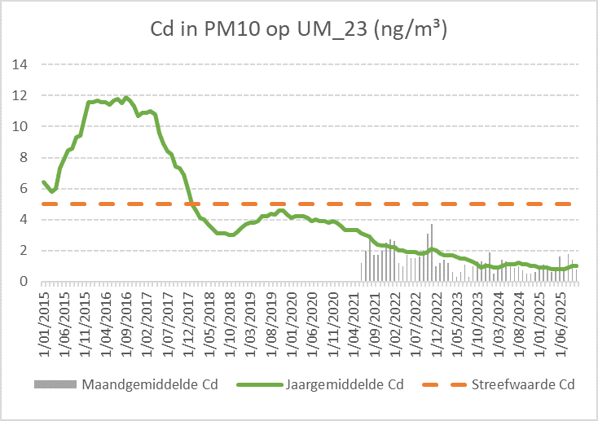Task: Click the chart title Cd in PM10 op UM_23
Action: coord(299,30)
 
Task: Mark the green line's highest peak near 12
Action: coord(126,98)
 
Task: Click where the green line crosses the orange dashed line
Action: coord(189,204)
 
